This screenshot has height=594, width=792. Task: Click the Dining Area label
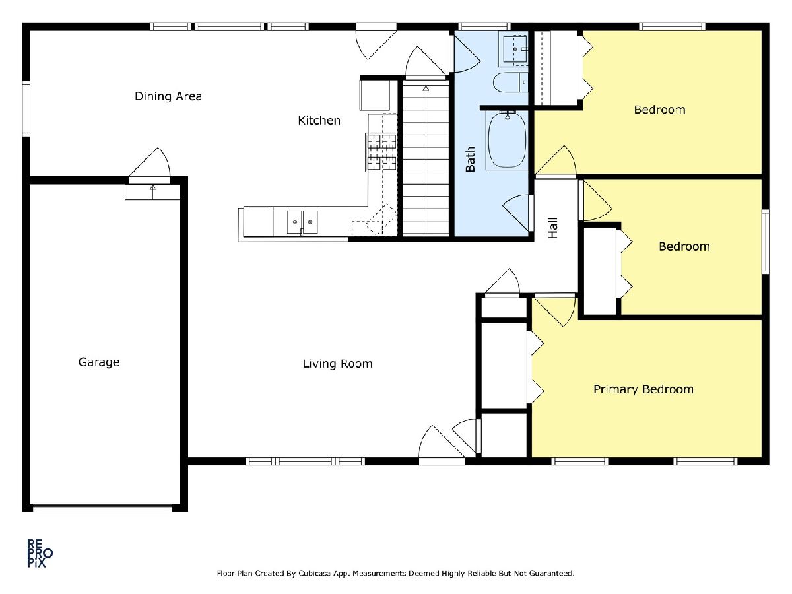(168, 96)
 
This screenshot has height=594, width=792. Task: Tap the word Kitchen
(319, 121)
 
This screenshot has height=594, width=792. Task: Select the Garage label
(99, 362)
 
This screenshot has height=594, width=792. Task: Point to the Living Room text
(337, 364)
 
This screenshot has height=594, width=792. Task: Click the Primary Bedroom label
(643, 389)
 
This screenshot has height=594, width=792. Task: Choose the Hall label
(553, 228)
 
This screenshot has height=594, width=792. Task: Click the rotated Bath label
(470, 159)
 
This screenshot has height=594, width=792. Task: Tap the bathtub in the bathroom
(507, 141)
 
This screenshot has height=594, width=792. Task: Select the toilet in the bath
(510, 82)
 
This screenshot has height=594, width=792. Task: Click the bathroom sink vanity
(513, 49)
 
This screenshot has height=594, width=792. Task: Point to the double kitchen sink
(302, 222)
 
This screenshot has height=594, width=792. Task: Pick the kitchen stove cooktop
(381, 152)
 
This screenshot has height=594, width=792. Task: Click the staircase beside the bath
(426, 158)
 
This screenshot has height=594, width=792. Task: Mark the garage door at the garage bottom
(102, 508)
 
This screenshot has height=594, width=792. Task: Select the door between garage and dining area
(149, 180)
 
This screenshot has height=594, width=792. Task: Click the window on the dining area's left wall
(26, 109)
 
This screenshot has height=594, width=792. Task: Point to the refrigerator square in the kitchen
(374, 95)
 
